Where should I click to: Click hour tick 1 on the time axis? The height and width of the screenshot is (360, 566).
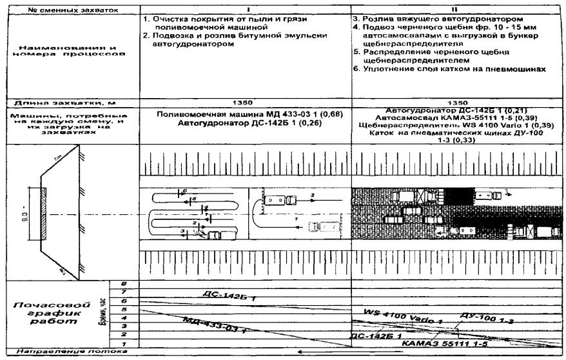122,347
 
